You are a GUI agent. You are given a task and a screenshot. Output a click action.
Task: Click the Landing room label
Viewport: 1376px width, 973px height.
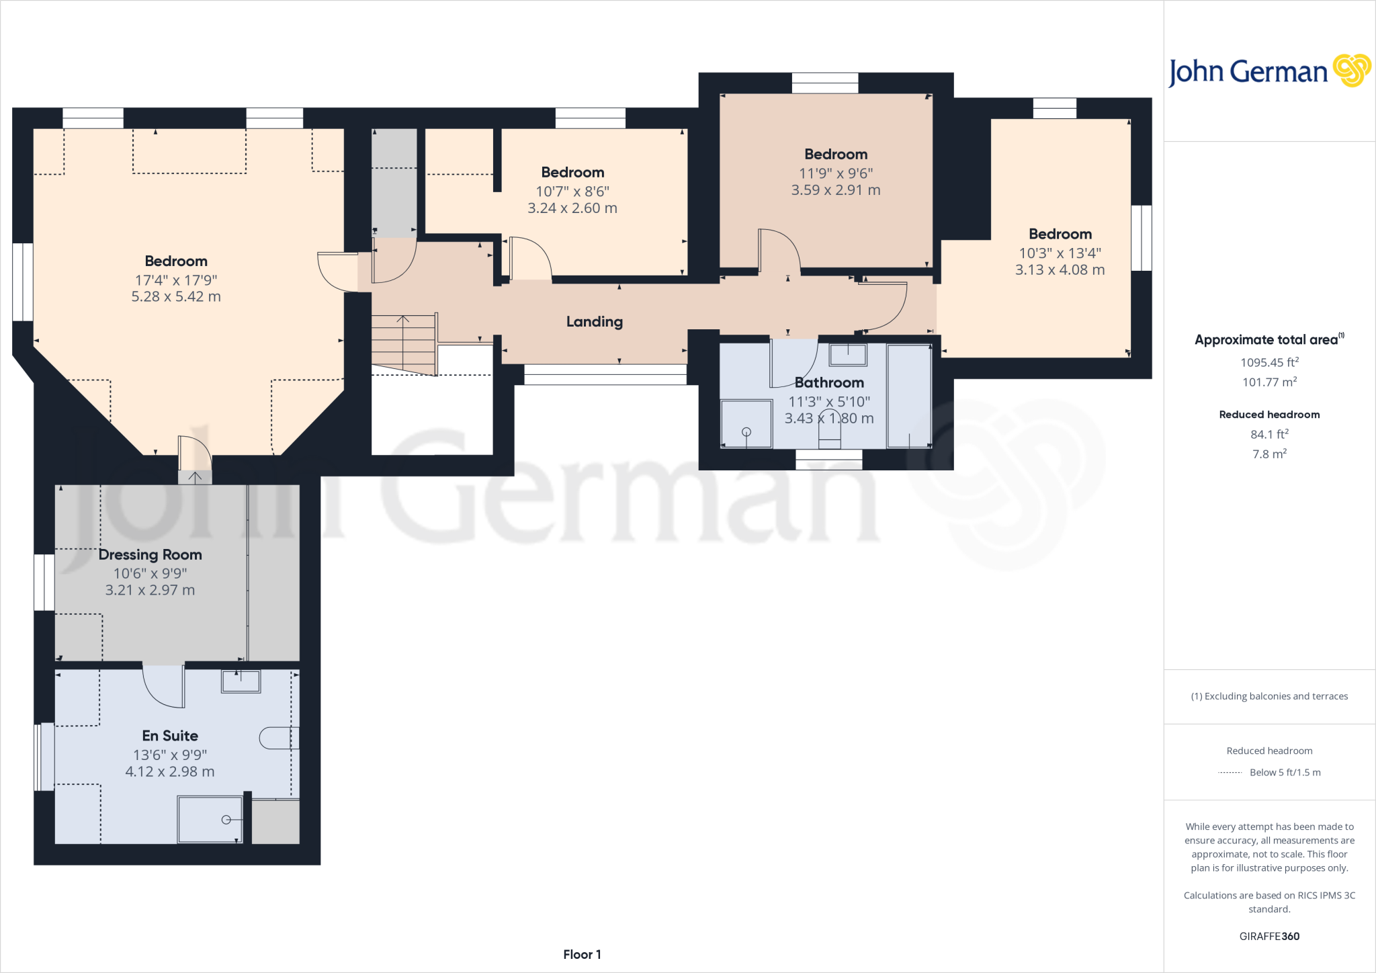[594, 322]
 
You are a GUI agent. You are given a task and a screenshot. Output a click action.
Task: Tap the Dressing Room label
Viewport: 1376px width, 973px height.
[150, 555]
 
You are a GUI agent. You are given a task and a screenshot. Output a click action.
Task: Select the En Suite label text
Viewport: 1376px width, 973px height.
[170, 736]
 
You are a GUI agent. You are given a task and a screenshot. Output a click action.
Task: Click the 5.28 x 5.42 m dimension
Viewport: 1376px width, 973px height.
[176, 297]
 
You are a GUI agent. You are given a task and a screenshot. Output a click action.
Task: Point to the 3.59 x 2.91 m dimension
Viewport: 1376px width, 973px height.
[836, 190]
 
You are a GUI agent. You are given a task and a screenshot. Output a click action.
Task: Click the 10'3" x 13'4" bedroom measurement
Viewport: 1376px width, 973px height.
[1060, 253]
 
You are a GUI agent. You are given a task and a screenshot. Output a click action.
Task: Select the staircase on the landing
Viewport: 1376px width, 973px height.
[404, 343]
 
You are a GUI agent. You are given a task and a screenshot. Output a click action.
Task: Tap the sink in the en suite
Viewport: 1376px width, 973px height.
[241, 681]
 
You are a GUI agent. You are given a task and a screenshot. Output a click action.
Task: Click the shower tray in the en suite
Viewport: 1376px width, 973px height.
[210, 819]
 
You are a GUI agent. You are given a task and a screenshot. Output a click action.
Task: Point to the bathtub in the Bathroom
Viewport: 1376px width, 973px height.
[909, 396]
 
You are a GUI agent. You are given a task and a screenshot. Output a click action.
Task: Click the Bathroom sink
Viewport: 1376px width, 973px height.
[848, 354]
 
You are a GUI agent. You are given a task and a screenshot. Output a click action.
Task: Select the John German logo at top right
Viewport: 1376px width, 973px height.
[1268, 71]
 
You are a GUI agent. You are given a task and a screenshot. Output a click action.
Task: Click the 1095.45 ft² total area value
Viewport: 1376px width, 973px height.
[1269, 363]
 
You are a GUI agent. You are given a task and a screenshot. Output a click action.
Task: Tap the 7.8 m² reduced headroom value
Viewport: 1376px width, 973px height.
[1269, 454]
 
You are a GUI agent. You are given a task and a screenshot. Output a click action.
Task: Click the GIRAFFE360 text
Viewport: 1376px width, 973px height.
[1269, 936]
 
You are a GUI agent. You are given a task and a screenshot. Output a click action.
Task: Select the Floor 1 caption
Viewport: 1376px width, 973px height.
[582, 954]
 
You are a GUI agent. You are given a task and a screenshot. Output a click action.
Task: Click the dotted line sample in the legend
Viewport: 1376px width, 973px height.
[1230, 773]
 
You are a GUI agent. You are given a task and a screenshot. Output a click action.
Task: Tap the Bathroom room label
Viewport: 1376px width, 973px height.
[829, 383]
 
